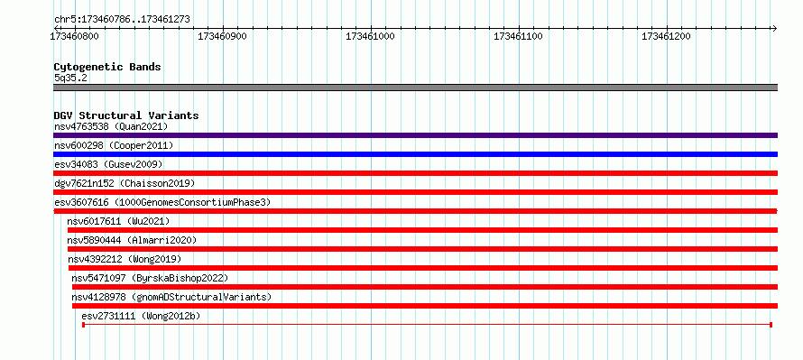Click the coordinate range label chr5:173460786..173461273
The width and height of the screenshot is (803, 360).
coord(122,20)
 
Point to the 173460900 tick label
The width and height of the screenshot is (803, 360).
coord(222,36)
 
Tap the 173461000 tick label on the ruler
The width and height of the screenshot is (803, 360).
coord(370,36)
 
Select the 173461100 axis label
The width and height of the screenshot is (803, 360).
coord(518,36)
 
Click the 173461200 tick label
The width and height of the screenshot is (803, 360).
coord(666,36)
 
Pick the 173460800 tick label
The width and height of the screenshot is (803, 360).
coord(74,36)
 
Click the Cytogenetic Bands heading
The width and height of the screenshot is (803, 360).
coord(107,67)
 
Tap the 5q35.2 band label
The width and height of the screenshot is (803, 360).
coord(70,78)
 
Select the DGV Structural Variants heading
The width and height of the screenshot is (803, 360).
coord(126,115)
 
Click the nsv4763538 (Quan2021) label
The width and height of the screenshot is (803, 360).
coord(111,126)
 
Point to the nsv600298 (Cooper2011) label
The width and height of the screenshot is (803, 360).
coord(114,145)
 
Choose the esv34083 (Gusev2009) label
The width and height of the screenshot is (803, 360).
coord(108,164)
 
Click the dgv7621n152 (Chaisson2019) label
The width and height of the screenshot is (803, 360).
coord(125,183)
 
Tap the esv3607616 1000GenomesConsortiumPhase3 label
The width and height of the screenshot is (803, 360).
coord(162,202)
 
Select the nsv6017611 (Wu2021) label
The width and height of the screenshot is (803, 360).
coord(118,221)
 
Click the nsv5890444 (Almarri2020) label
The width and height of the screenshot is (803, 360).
coord(132,240)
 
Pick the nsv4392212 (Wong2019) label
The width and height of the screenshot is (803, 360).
coord(125,259)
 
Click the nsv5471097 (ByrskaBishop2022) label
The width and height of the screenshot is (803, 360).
coord(150,278)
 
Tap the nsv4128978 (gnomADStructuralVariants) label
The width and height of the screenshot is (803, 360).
coord(171,297)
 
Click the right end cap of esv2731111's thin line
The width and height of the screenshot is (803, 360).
coord(771,325)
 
